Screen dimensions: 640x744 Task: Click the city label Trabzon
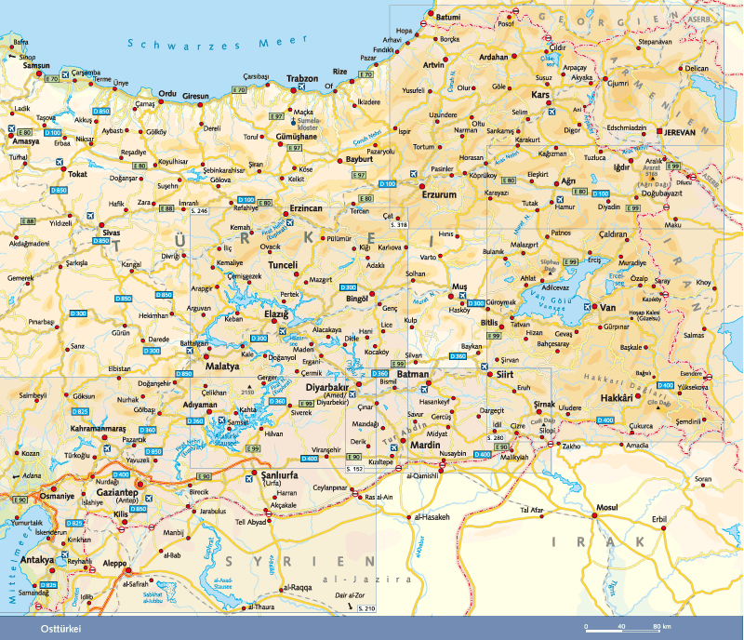302,78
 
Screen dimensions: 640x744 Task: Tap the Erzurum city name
440,194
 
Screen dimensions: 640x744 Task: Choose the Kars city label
540,94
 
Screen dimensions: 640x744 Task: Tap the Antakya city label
37,560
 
